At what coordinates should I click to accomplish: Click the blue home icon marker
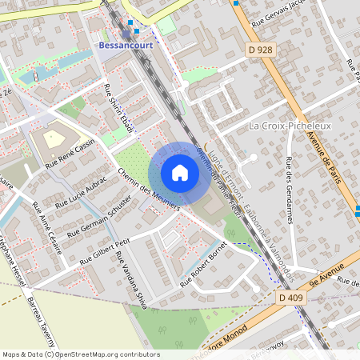click(x=180, y=173)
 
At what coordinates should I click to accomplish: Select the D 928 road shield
click(x=262, y=50)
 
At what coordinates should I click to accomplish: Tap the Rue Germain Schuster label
click(x=99, y=215)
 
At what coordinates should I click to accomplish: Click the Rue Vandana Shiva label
click(x=131, y=277)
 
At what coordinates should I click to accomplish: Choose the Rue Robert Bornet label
click(x=204, y=265)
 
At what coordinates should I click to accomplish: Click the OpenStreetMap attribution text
click(x=80, y=354)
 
